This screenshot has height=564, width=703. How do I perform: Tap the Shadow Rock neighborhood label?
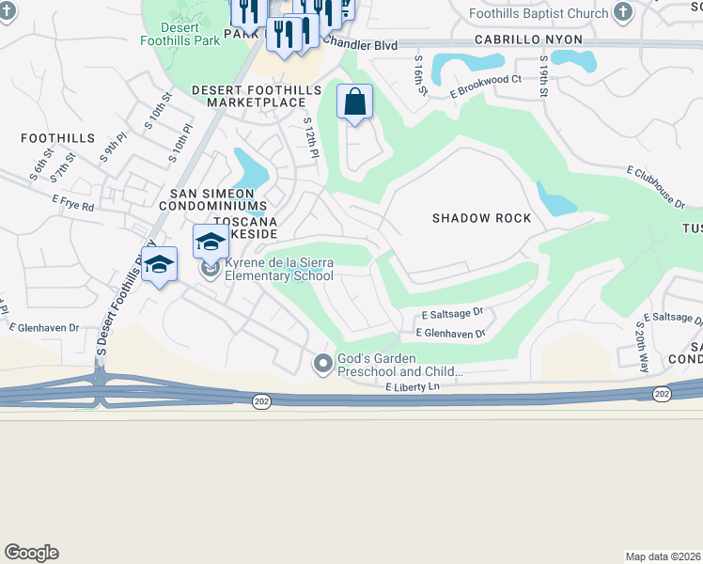click(x=481, y=218)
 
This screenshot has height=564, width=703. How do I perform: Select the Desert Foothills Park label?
click(x=180, y=34)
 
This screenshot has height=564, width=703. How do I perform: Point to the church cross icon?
click(x=622, y=12)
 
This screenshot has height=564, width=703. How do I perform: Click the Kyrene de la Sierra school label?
click(x=277, y=270)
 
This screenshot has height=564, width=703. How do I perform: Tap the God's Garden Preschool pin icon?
click(x=322, y=362)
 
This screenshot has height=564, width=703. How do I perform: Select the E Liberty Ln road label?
click(x=412, y=386)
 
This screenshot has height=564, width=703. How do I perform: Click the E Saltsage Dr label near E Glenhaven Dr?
click(x=451, y=312)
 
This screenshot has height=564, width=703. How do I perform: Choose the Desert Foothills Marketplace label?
click(x=249, y=96)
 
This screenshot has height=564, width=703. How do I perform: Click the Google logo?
click(x=31, y=553)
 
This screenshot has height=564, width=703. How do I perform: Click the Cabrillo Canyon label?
click(x=527, y=40)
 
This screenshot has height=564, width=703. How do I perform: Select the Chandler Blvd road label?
click(x=360, y=45)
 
